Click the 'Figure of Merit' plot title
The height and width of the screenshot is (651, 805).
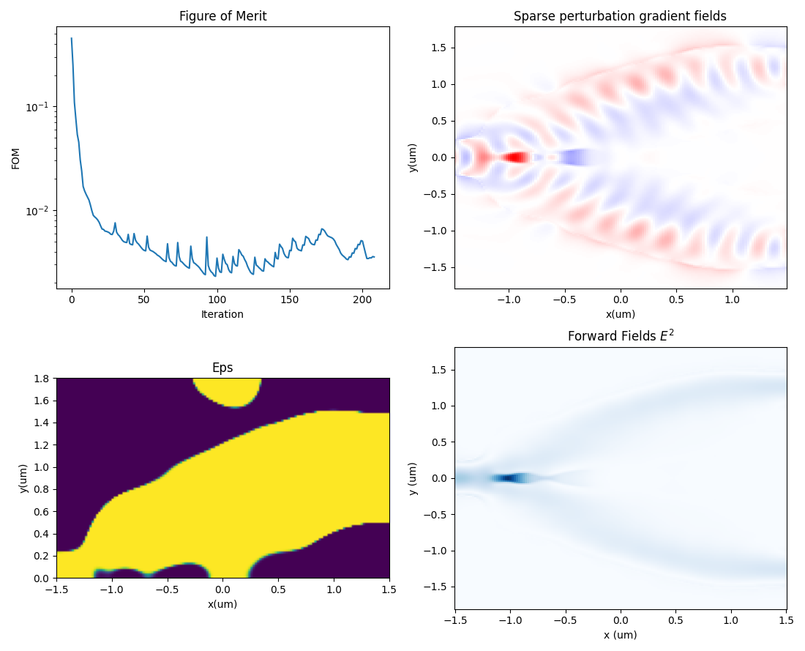click(222, 16)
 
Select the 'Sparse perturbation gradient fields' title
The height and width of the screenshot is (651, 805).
click(620, 16)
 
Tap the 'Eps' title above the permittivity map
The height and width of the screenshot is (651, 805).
click(222, 368)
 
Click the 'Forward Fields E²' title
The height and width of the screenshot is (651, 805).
click(620, 336)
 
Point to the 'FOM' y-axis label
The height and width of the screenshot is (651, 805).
click(16, 157)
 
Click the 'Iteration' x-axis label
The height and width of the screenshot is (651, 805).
click(222, 314)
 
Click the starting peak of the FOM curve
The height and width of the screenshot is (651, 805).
click(71, 38)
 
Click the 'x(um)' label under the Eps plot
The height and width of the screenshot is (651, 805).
click(222, 604)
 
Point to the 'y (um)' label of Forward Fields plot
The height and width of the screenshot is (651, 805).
click(413, 478)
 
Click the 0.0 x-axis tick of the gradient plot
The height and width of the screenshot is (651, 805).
click(621, 300)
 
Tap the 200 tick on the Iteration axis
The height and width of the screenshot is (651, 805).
click(363, 300)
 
